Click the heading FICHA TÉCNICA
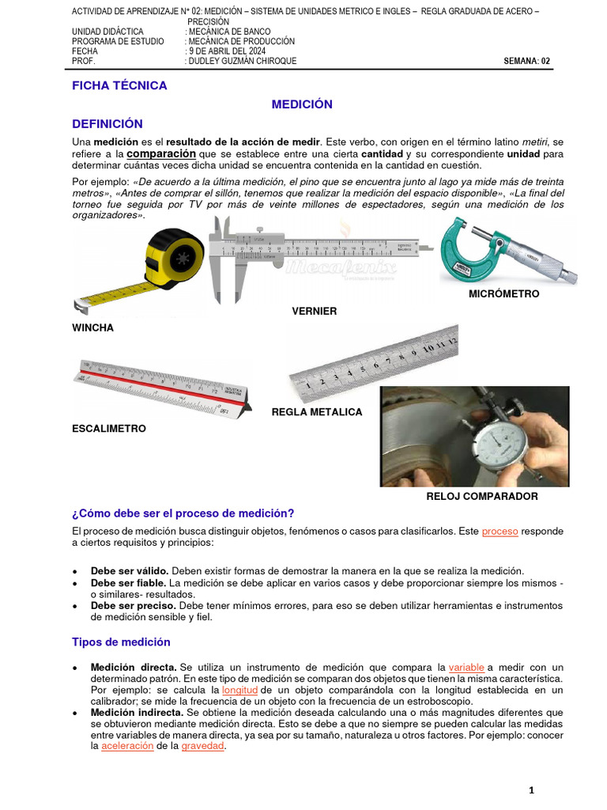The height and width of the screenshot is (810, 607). [119, 85]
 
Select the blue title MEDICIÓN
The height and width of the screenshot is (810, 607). [302, 104]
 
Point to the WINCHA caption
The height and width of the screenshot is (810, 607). [92, 327]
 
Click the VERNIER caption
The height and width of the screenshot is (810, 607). [315, 311]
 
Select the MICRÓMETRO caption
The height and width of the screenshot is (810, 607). [504, 293]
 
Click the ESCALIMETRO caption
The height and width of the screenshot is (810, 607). [109, 428]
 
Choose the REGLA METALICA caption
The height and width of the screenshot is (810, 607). [317, 411]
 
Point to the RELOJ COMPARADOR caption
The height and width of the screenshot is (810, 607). [482, 496]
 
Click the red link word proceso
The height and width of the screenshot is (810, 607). [500, 532]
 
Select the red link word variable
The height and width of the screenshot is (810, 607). [466, 667]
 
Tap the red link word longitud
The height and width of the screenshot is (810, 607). [239, 690]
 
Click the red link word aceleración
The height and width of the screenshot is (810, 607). [129, 746]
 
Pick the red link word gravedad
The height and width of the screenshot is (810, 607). [203, 746]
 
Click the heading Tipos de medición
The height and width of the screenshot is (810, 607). [121, 642]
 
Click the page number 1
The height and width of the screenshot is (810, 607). [532, 789]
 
